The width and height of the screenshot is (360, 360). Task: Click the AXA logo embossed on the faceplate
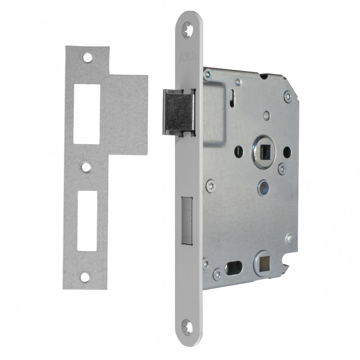(186, 58)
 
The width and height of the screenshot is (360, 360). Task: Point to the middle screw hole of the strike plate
(85, 167)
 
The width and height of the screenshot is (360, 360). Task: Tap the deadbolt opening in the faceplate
(186, 220)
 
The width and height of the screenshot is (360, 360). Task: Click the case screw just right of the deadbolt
(210, 185)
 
